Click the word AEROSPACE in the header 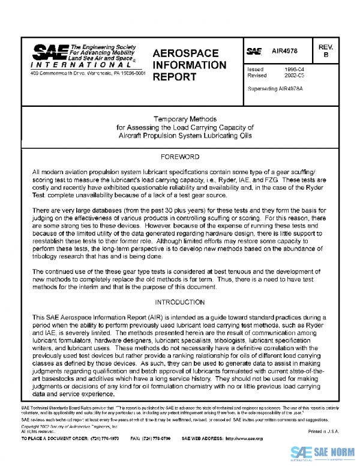click(x=185, y=53)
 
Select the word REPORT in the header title click(x=175, y=77)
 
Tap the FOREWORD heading click(x=180, y=157)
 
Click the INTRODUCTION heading click(x=180, y=302)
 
